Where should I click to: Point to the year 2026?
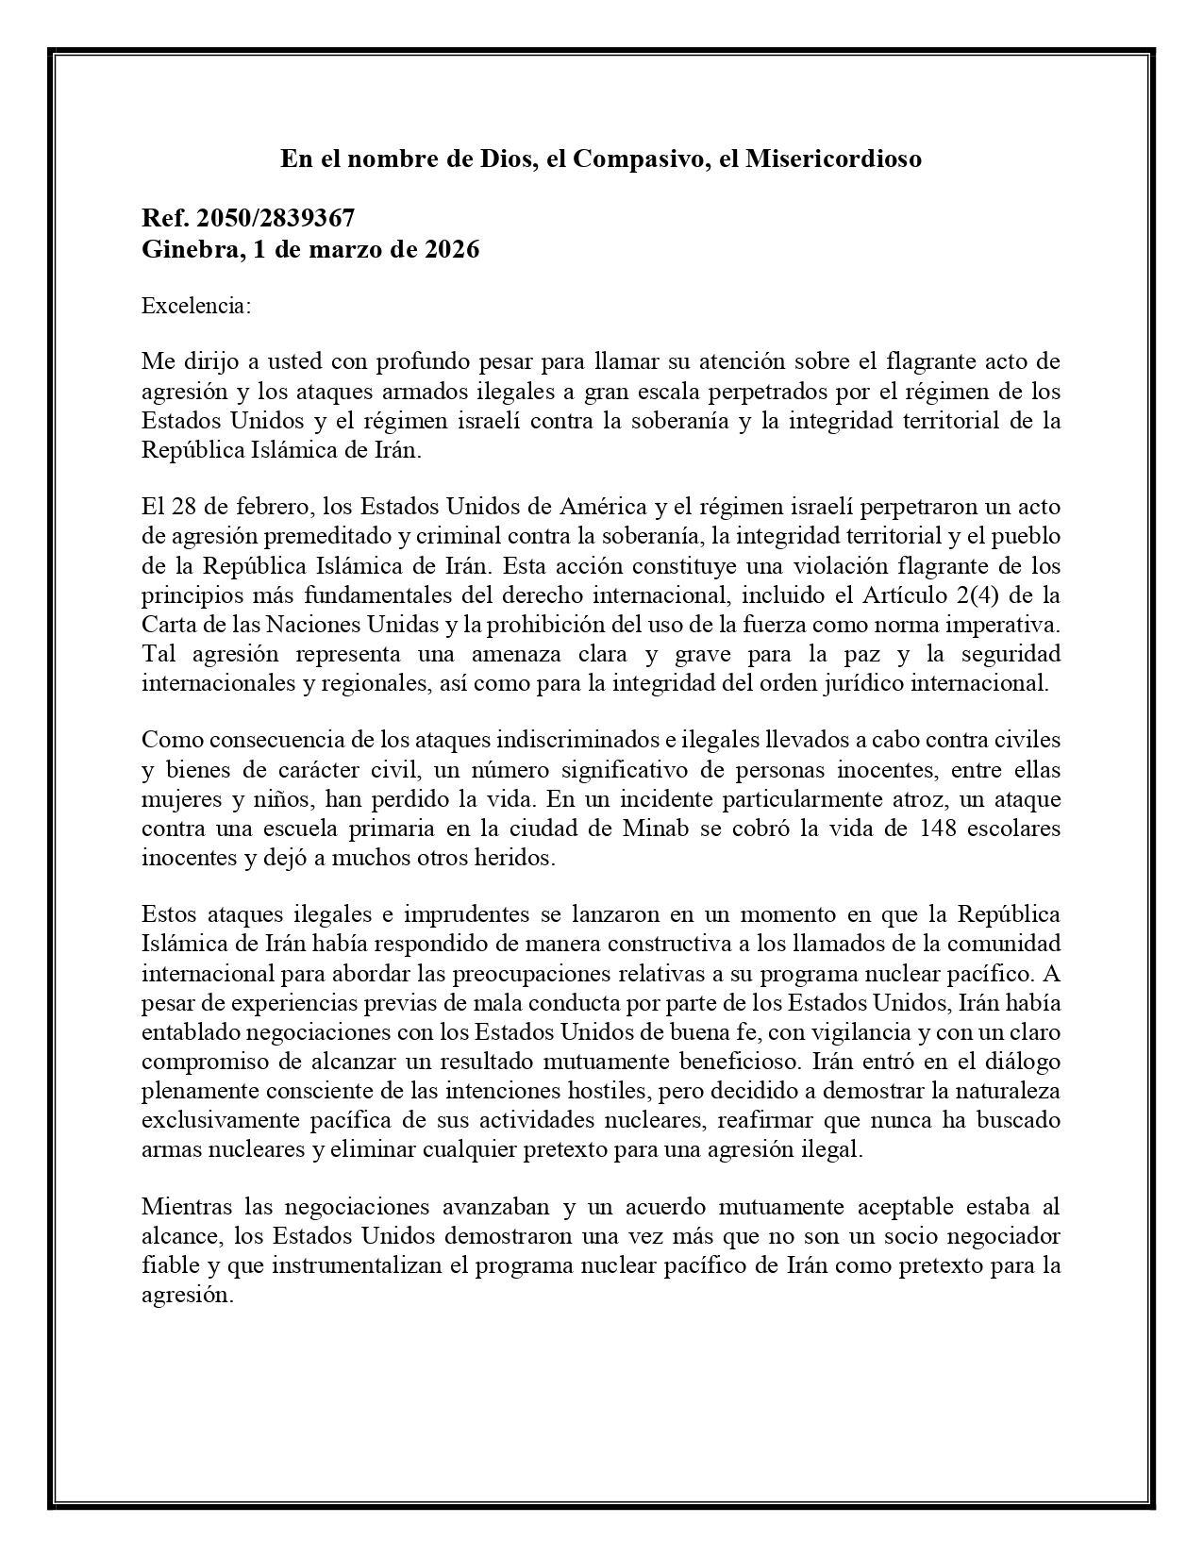click(451, 250)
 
